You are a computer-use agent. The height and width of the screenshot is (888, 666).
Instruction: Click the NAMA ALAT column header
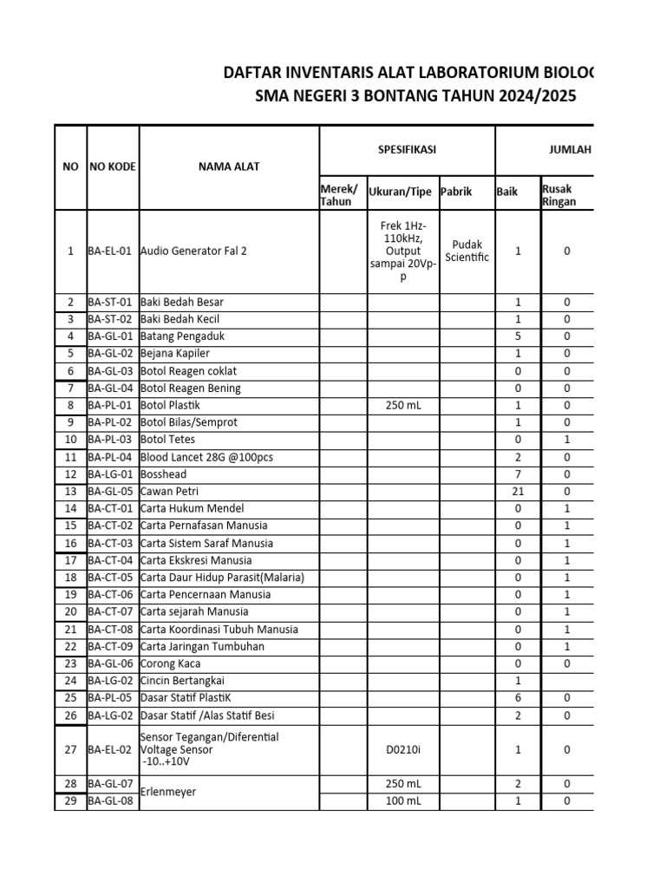(228, 166)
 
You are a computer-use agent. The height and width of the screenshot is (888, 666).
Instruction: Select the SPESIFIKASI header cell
(407, 150)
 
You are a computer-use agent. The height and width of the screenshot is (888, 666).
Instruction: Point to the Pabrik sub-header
(456, 192)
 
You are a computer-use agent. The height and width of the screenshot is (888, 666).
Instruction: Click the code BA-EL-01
(110, 251)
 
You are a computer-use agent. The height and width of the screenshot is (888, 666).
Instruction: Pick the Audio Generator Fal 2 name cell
(187, 251)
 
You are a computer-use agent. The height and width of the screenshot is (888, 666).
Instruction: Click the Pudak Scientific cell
(467, 251)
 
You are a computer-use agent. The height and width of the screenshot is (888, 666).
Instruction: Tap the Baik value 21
(518, 492)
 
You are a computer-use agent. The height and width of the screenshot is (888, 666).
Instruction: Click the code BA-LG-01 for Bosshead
(110, 474)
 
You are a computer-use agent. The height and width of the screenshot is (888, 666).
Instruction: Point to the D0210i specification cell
(403, 749)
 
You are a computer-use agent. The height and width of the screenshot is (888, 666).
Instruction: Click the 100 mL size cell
(403, 801)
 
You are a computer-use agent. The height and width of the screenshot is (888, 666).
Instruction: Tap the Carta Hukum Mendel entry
(192, 508)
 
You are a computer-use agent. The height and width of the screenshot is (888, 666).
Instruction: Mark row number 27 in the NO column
(71, 749)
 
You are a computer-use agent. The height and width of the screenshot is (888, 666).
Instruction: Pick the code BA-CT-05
(110, 578)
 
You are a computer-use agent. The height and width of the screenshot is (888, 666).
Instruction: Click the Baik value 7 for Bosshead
(518, 474)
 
